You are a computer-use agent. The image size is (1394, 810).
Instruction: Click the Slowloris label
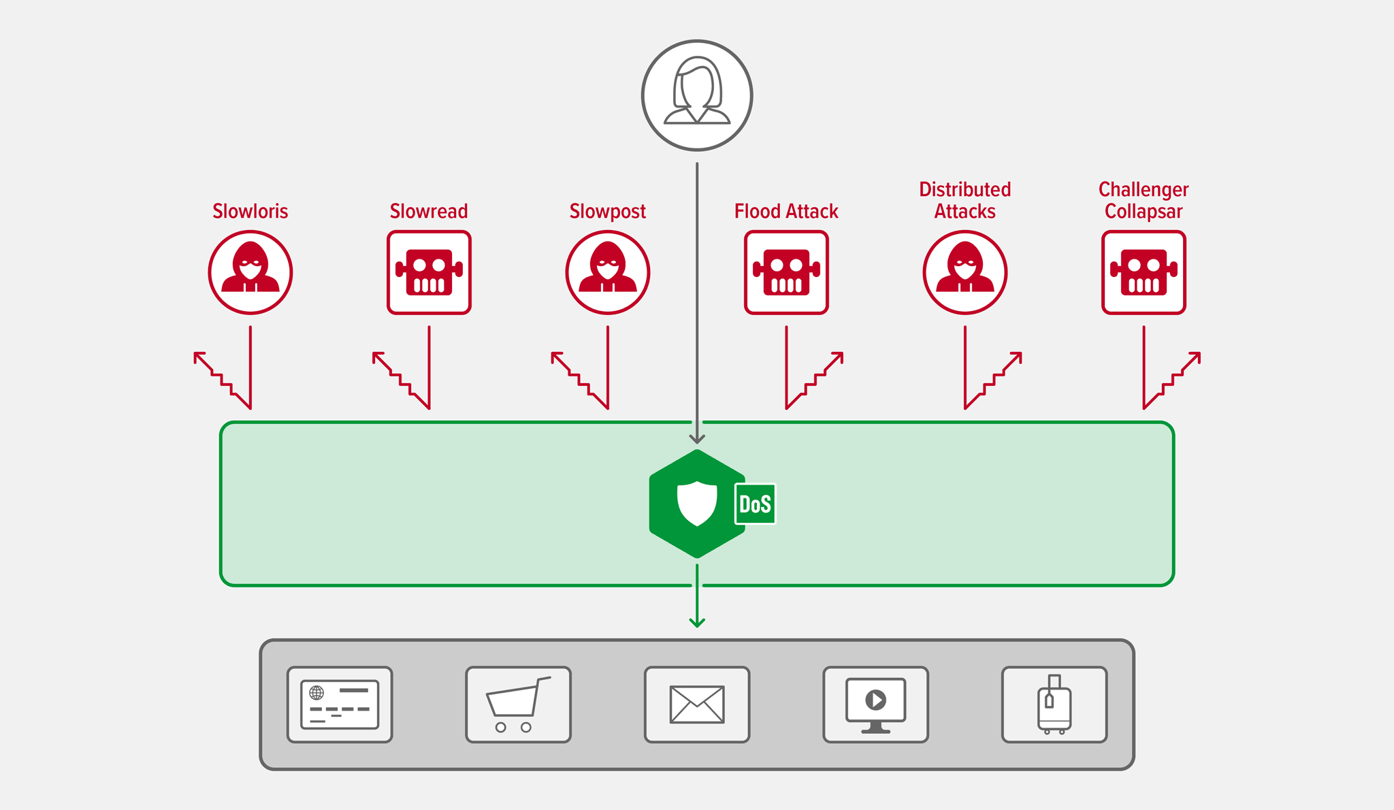(x=250, y=211)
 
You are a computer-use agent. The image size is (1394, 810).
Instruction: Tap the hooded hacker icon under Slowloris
(x=250, y=272)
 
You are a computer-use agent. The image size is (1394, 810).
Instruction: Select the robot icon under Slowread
(x=429, y=272)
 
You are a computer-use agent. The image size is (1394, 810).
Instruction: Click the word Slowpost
(x=607, y=211)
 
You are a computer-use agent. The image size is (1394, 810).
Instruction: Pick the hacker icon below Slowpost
(x=607, y=272)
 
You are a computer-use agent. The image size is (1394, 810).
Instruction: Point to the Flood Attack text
(x=786, y=211)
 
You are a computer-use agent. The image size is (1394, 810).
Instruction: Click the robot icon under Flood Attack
(x=786, y=272)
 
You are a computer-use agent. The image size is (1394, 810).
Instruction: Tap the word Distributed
(x=965, y=189)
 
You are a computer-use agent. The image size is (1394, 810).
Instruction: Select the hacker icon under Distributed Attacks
(x=965, y=272)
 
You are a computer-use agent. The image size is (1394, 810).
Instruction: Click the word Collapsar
(x=1144, y=211)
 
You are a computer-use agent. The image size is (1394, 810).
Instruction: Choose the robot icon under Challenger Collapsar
(x=1144, y=272)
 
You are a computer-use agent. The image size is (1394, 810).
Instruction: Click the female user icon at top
(x=697, y=95)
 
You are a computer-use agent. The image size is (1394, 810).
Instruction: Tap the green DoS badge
(x=755, y=504)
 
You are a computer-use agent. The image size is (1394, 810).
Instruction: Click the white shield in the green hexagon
(x=697, y=504)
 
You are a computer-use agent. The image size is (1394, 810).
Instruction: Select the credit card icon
(x=340, y=704)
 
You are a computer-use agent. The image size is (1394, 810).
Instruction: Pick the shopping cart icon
(x=518, y=704)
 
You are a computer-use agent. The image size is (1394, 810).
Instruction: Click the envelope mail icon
(x=697, y=704)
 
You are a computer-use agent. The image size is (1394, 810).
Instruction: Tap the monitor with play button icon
(x=875, y=704)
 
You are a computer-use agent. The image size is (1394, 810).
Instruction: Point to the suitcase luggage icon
(x=1054, y=704)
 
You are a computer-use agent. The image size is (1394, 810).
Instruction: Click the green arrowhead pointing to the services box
(x=697, y=622)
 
